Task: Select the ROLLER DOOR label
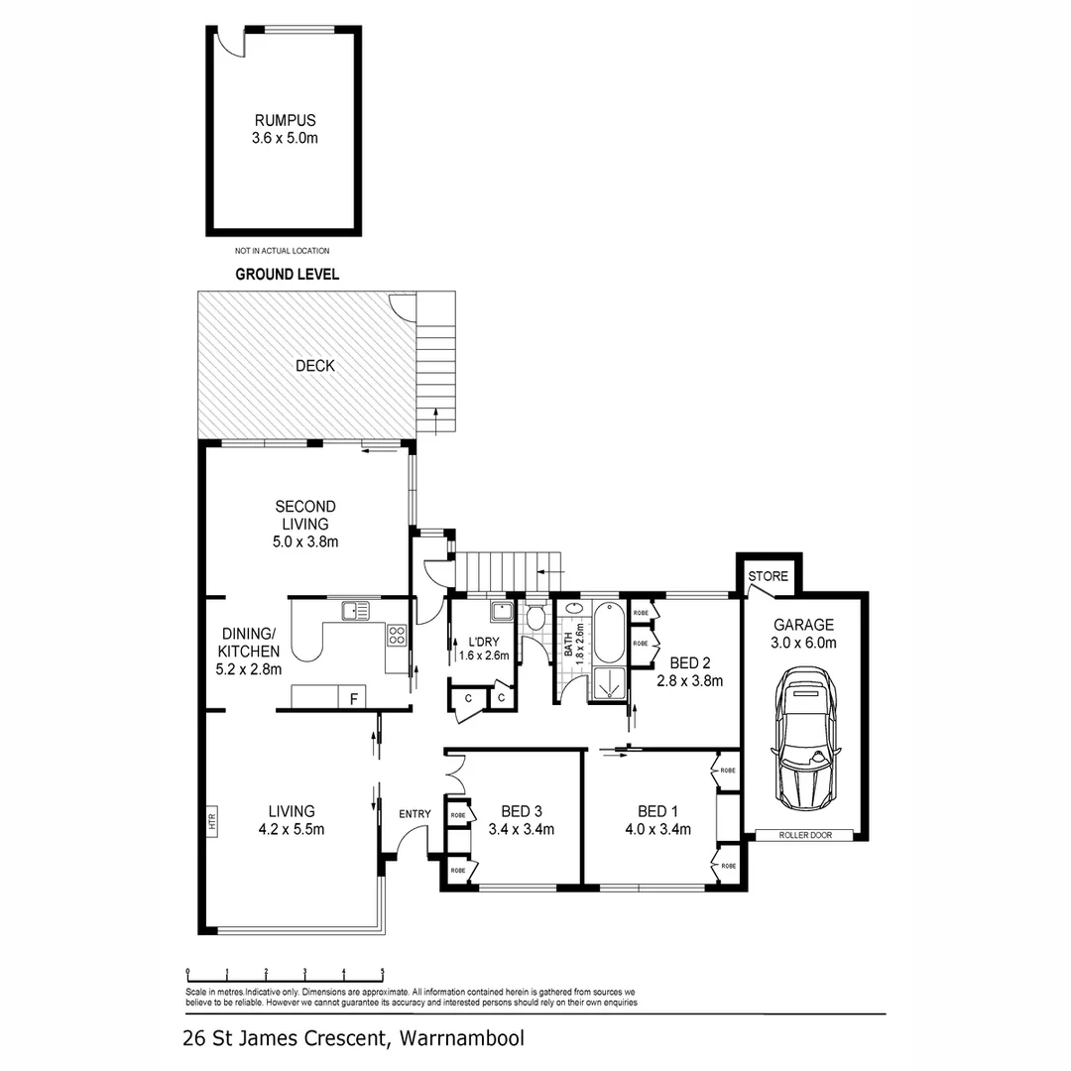804,836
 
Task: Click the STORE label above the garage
768,576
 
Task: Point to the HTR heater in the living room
211,821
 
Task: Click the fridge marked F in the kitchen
353,698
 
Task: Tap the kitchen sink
354,610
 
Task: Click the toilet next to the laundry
535,618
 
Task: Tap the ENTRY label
415,814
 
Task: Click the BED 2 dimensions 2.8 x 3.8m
689,681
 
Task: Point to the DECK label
315,366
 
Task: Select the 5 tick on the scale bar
382,973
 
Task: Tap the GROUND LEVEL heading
287,275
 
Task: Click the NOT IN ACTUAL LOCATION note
283,251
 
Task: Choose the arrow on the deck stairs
435,419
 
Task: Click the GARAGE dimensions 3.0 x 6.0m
804,643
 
